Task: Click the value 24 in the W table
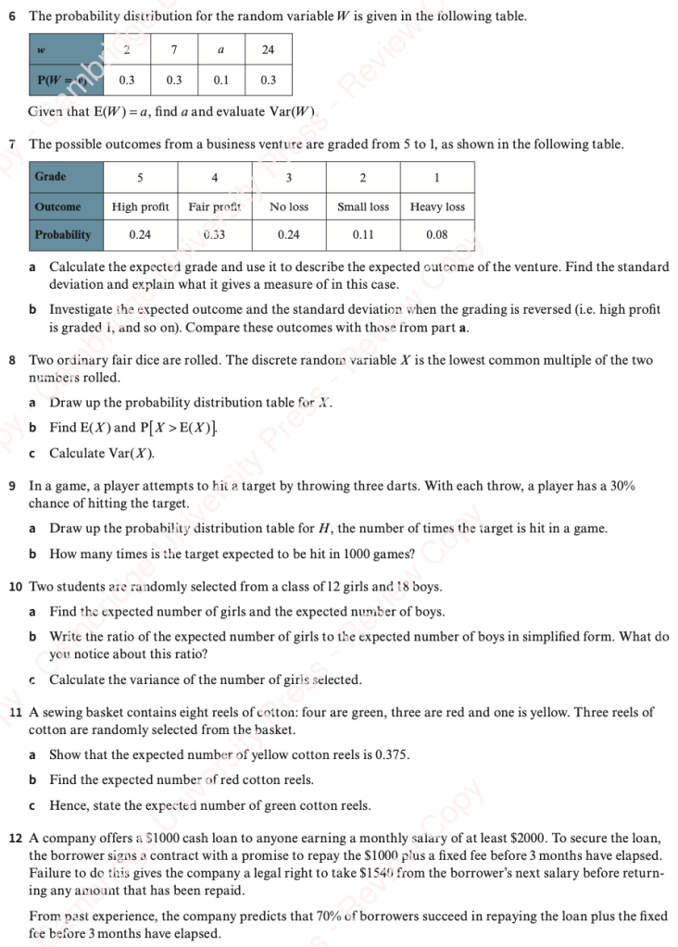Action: point(269,50)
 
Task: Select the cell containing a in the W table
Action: point(221,50)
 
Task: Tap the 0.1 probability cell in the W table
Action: point(221,81)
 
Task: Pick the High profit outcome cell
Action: point(140,206)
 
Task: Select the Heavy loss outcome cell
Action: point(437,206)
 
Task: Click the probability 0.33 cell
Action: point(214,235)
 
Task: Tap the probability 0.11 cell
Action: point(363,235)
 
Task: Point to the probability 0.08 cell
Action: point(437,235)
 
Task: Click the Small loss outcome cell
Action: point(363,206)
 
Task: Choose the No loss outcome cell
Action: point(289,206)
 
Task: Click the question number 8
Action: point(12,360)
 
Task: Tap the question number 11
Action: point(15,713)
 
